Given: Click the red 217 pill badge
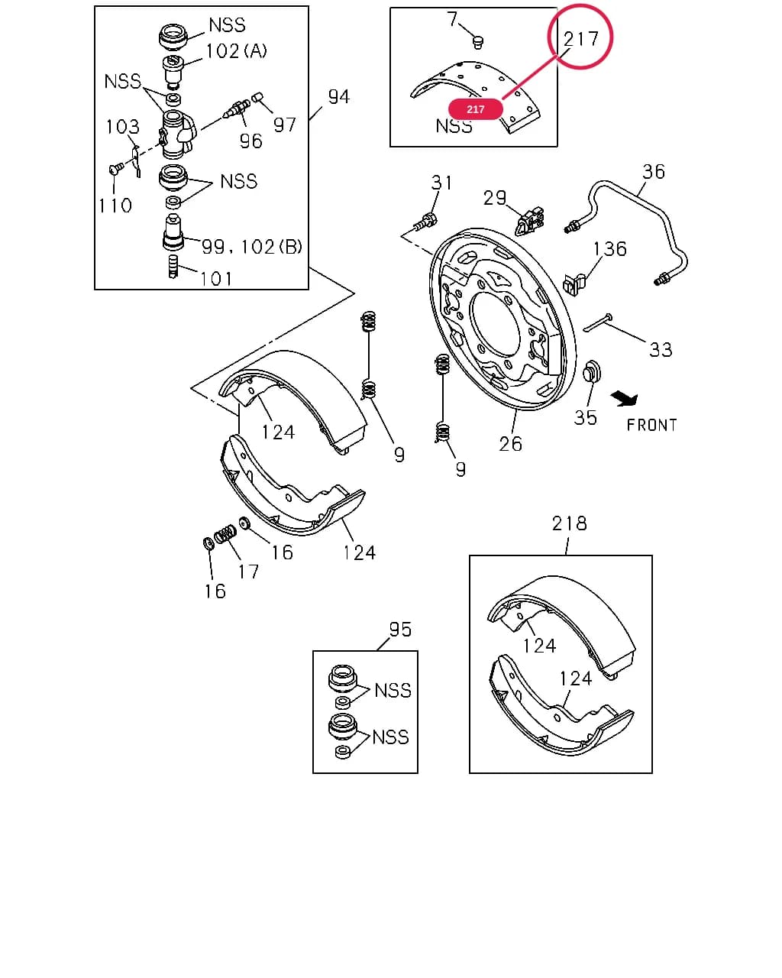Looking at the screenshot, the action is click(475, 109).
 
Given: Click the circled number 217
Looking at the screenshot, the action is click(580, 39).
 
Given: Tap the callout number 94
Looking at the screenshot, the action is click(338, 97).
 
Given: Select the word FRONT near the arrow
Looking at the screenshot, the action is click(651, 426).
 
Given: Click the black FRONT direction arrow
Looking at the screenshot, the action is click(625, 399).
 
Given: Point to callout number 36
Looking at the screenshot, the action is click(654, 172).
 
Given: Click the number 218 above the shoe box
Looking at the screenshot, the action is click(570, 523).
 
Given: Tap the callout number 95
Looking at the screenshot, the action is click(400, 630).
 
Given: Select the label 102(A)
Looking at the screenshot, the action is click(236, 51).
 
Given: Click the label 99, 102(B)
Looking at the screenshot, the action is click(252, 247).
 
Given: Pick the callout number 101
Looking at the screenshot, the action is click(216, 279).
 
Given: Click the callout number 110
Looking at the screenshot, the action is click(115, 206).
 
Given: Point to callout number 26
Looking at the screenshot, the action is click(510, 444).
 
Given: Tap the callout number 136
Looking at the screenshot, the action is click(609, 249).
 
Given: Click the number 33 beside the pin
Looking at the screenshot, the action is click(661, 350).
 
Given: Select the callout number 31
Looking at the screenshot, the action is click(441, 183).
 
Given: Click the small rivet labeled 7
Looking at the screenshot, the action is click(477, 43).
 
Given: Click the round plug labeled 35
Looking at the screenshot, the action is click(592, 372).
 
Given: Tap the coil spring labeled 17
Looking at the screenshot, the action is click(225, 533).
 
